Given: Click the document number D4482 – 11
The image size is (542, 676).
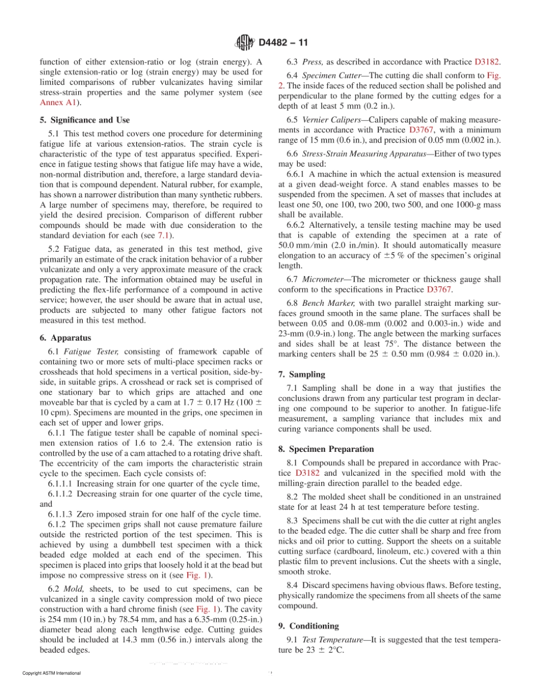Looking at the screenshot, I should [x=284, y=42].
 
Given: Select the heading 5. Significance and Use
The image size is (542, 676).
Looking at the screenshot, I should [x=84, y=120].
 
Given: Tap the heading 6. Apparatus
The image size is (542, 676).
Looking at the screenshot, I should [x=68, y=338].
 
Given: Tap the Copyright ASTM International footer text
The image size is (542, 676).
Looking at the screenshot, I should [x=51, y=673].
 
